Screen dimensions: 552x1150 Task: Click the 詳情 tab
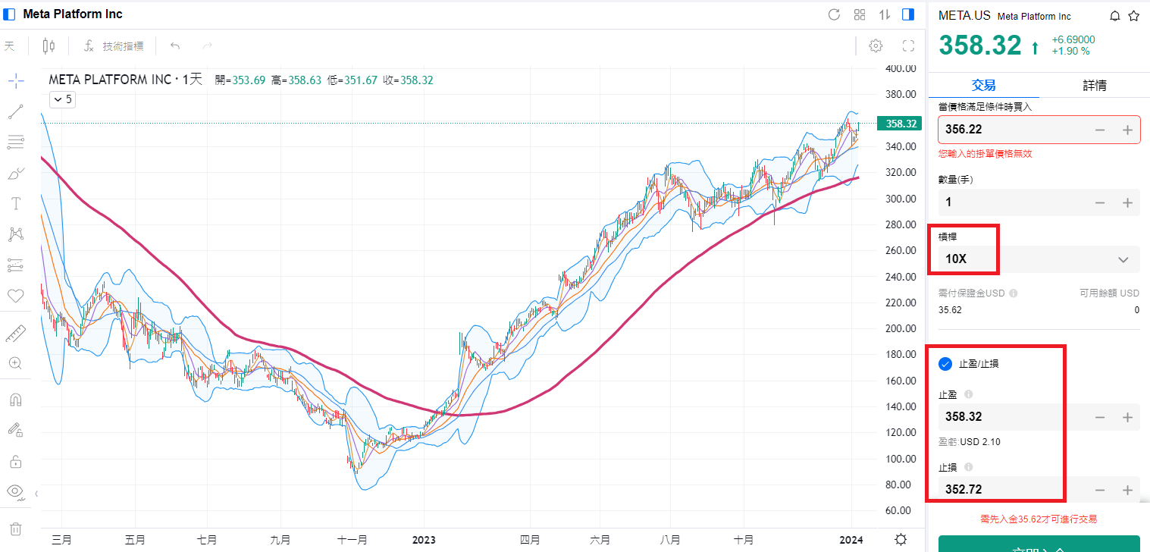(1094, 85)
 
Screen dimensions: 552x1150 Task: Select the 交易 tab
(983, 85)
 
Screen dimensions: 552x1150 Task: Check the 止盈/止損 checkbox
(945, 364)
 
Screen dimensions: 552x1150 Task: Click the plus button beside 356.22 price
(1127, 130)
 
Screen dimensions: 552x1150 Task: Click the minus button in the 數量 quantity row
(1100, 202)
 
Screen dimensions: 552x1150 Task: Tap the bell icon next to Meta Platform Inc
(1115, 16)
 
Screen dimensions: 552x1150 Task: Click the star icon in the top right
(1133, 16)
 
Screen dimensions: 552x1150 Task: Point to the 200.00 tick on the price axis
(901, 328)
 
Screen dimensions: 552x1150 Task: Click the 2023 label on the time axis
(423, 540)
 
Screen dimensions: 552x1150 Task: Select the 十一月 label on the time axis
(353, 540)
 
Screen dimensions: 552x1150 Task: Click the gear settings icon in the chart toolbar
(876, 46)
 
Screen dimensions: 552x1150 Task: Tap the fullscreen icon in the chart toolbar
(908, 46)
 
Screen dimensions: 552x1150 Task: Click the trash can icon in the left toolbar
(15, 528)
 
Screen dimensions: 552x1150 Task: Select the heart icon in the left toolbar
(15, 296)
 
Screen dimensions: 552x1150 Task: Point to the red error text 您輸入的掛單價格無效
(985, 154)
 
